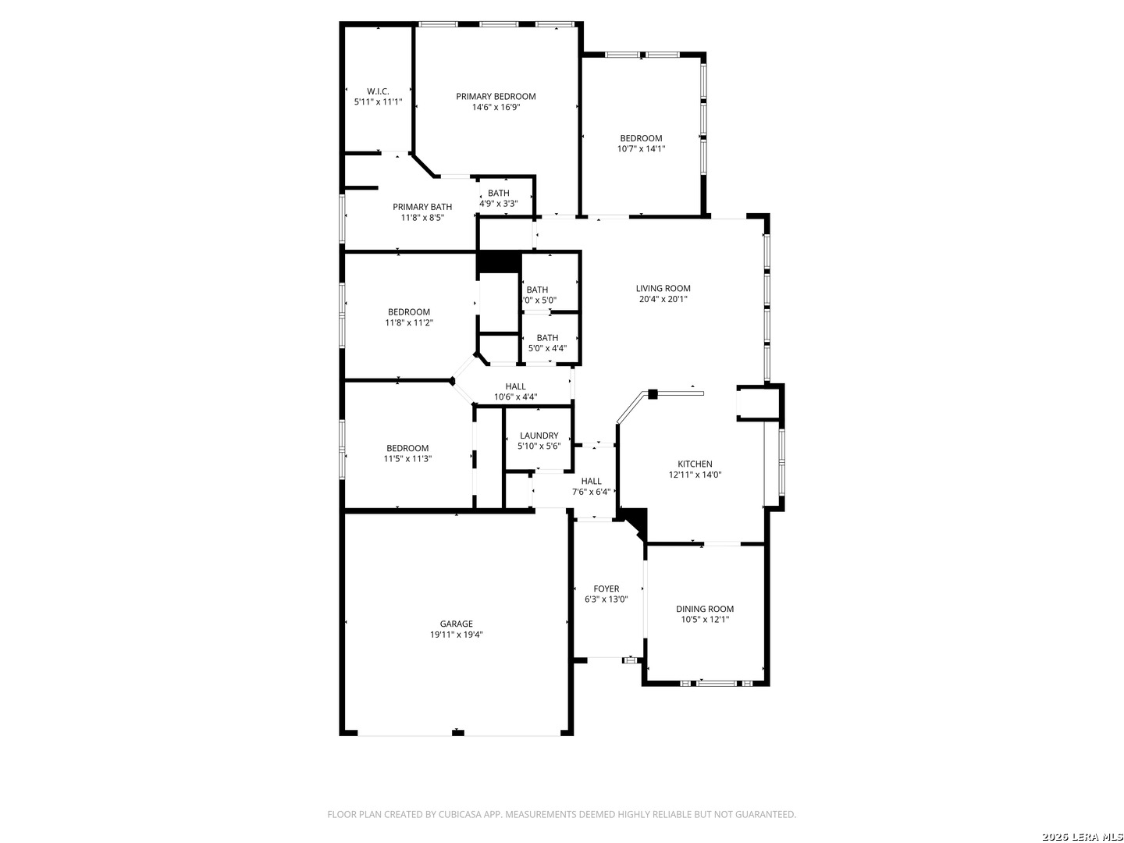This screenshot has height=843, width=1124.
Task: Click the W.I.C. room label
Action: point(378,91)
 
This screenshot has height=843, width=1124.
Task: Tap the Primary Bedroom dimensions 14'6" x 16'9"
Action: point(496,107)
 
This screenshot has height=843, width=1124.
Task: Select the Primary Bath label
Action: point(422,207)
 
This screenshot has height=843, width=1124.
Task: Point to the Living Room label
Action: point(663,288)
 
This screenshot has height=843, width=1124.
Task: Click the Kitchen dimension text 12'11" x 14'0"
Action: point(695,475)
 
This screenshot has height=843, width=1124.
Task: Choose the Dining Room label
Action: point(705,609)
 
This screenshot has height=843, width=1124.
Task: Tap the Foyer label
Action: point(606,589)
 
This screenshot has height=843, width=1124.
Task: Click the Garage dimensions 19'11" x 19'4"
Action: point(457,635)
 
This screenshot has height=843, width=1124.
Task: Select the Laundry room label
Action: point(539,436)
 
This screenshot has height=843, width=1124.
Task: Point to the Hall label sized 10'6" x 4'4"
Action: point(515,386)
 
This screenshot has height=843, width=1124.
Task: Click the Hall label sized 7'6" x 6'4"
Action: point(591,481)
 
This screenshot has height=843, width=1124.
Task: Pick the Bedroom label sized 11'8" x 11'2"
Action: point(409,311)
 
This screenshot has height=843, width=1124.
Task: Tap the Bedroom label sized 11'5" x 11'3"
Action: point(407,448)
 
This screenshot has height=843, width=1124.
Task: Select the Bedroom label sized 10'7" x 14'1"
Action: point(641,138)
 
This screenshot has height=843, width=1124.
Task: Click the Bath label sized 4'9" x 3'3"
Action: point(498,193)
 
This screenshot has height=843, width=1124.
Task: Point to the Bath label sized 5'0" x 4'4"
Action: point(547,338)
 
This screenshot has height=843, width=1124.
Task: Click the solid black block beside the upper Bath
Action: point(499,262)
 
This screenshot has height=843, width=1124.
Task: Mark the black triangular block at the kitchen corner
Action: point(635,521)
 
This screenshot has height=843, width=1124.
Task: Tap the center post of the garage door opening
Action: point(457,733)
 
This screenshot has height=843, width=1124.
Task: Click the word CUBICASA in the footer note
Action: point(461,814)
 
